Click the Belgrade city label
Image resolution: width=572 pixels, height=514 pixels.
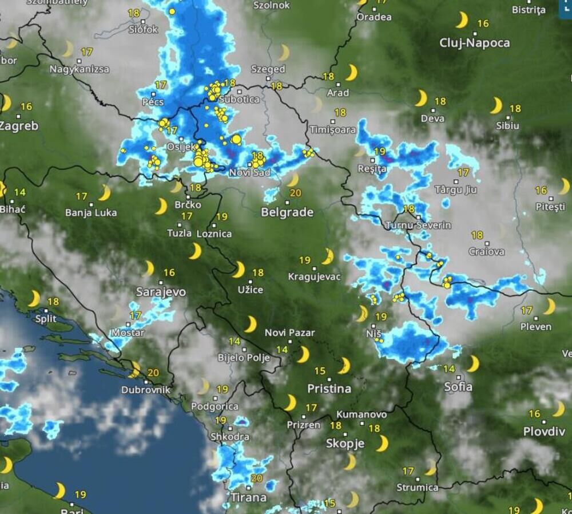pos(287,212)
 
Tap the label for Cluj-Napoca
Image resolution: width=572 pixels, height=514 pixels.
pos(474,43)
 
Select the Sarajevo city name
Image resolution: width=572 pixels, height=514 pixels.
pos(161,292)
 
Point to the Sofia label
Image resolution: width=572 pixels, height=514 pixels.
pos(458,387)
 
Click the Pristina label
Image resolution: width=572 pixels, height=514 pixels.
pos(329,389)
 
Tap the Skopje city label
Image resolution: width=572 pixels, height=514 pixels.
pos(345,444)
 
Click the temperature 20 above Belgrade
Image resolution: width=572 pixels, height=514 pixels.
pos(295,193)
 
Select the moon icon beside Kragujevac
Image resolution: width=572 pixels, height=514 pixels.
pos(327,256)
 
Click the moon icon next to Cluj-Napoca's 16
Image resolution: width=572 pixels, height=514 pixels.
pos(462,21)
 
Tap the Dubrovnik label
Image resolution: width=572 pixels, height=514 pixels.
pos(146,390)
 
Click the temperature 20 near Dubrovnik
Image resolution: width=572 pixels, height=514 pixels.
pos(153,373)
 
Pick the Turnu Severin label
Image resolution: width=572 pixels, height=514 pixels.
pos(418,226)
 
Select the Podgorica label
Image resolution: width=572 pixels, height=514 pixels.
pos(215,406)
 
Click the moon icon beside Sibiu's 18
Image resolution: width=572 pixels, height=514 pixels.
pos(496,106)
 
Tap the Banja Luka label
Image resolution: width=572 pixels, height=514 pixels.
pos(91,213)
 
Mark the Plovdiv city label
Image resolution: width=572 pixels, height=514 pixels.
pos(544,432)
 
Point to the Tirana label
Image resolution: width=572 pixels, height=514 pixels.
pos(248,497)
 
